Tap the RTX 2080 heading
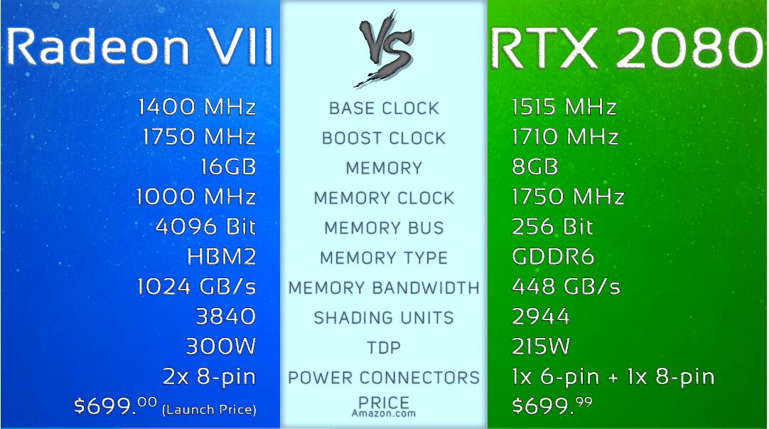626,49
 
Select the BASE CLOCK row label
384,109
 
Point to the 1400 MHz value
197,107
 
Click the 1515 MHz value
564,107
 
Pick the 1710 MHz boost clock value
564,137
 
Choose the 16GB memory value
228,167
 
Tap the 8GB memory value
534,167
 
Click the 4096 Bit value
205,227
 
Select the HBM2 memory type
221,257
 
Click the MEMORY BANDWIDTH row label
384,288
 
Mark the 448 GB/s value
566,287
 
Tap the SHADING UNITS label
384,318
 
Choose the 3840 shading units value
225,317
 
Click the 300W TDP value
220,346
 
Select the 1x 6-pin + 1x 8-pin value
613,377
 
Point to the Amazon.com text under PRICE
384,413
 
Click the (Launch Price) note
209,409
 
